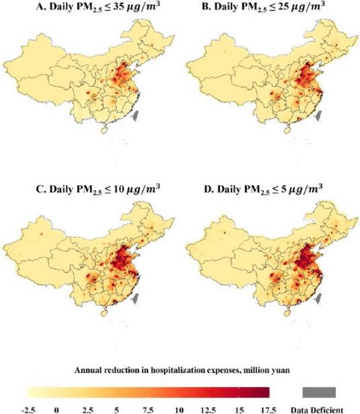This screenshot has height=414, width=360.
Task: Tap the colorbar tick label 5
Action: click(x=118, y=409)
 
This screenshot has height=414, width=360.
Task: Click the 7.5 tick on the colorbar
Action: click(x=149, y=409)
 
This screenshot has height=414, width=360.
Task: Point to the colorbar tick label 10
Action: click(x=179, y=409)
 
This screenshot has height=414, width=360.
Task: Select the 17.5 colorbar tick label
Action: click(x=270, y=409)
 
